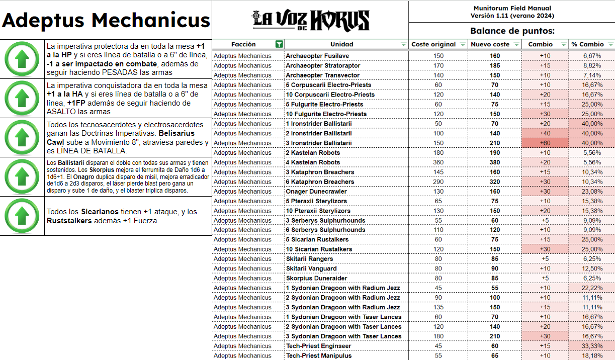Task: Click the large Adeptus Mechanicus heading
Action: (106, 21)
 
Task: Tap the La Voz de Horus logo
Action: (310, 20)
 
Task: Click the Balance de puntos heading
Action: (512, 31)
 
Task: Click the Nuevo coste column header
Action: (490, 44)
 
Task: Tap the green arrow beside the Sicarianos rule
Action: (22, 216)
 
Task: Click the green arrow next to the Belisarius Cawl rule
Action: (22, 138)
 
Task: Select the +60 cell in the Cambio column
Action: (545, 143)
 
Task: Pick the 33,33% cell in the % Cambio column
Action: (592, 346)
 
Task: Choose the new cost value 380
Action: (495, 162)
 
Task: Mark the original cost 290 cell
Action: (438, 182)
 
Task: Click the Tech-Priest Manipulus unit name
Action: (318, 355)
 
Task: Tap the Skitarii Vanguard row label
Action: (311, 268)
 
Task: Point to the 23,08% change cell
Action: (592, 191)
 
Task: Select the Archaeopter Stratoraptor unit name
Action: (323, 65)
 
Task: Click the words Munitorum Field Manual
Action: (512, 8)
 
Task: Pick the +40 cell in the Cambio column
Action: (545, 133)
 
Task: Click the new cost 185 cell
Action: (495, 65)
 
